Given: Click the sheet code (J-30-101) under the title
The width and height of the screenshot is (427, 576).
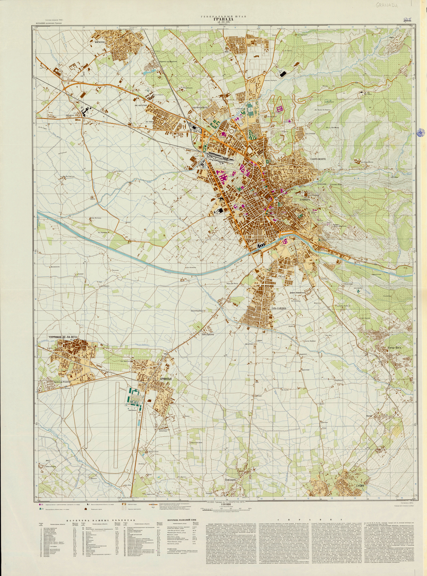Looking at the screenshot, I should pos(224,22).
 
